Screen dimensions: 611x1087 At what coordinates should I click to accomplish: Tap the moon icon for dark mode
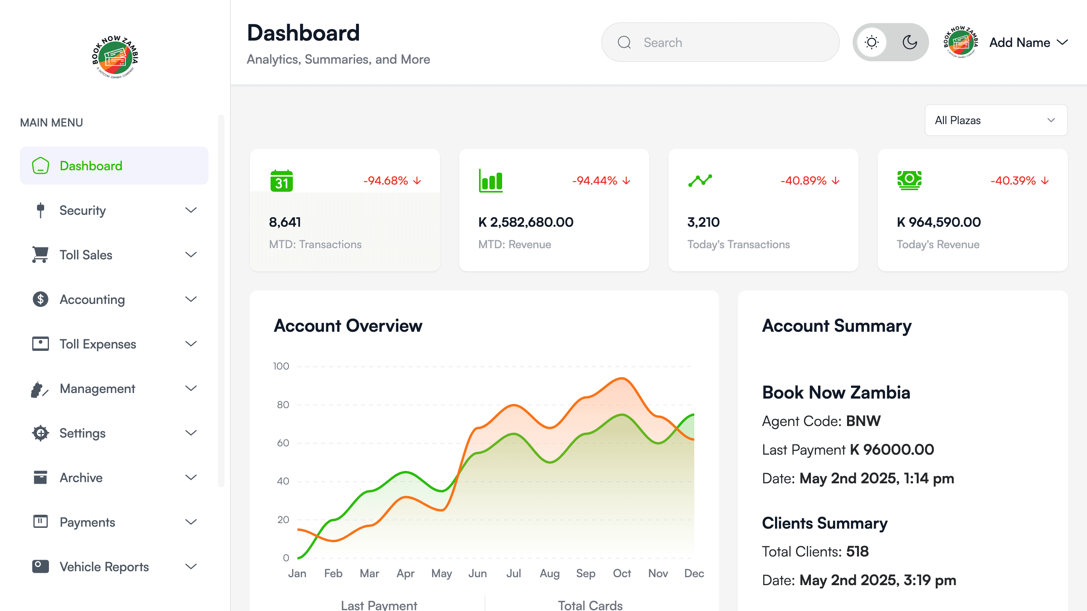tap(910, 43)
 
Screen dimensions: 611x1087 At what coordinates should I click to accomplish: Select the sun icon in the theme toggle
tap(871, 43)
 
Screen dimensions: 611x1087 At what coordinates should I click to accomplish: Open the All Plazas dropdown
tap(996, 120)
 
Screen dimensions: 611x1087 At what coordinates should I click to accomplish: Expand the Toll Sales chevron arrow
tap(191, 255)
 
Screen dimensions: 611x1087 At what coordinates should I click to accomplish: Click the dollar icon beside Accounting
tap(41, 300)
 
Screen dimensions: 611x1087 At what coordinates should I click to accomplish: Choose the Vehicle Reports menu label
tap(104, 567)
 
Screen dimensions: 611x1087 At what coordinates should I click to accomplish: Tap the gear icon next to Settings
tap(41, 433)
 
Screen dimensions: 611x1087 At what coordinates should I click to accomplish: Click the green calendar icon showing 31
tap(281, 181)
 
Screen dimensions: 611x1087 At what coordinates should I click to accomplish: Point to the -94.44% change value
tap(594, 181)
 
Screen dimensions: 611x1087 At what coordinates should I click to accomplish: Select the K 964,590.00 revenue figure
tap(939, 222)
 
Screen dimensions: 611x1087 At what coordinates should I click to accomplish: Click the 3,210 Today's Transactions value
tap(703, 222)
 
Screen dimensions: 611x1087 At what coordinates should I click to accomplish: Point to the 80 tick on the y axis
tap(283, 405)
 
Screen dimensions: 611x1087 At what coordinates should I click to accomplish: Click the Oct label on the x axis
tap(621, 574)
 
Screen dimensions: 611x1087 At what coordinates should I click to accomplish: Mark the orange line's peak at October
tap(621, 379)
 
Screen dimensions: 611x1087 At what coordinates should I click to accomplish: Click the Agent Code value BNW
tap(863, 421)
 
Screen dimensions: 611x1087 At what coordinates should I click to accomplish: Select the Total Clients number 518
tap(857, 551)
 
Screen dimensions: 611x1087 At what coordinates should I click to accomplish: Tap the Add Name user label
tap(1019, 43)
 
